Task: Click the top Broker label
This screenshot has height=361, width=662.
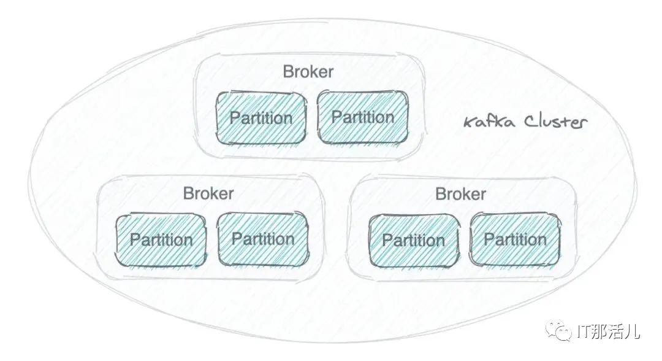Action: tap(308, 72)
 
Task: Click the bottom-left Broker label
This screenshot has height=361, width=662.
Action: tap(208, 193)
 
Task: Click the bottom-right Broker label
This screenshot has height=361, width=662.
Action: tap(460, 194)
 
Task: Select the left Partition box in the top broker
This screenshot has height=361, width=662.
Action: tap(261, 117)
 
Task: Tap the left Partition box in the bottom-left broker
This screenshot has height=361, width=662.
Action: tap(161, 239)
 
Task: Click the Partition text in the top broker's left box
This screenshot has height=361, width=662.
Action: tap(261, 118)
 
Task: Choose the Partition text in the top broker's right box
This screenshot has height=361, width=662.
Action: tap(362, 117)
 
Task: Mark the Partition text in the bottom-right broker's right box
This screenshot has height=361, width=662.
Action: tap(515, 239)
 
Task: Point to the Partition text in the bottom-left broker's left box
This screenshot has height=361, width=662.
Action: tap(161, 239)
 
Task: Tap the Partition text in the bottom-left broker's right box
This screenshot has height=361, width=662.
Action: tap(263, 238)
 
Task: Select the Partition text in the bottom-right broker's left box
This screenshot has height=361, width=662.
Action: tap(414, 239)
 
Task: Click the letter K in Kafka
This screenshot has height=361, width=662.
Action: tap(470, 122)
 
